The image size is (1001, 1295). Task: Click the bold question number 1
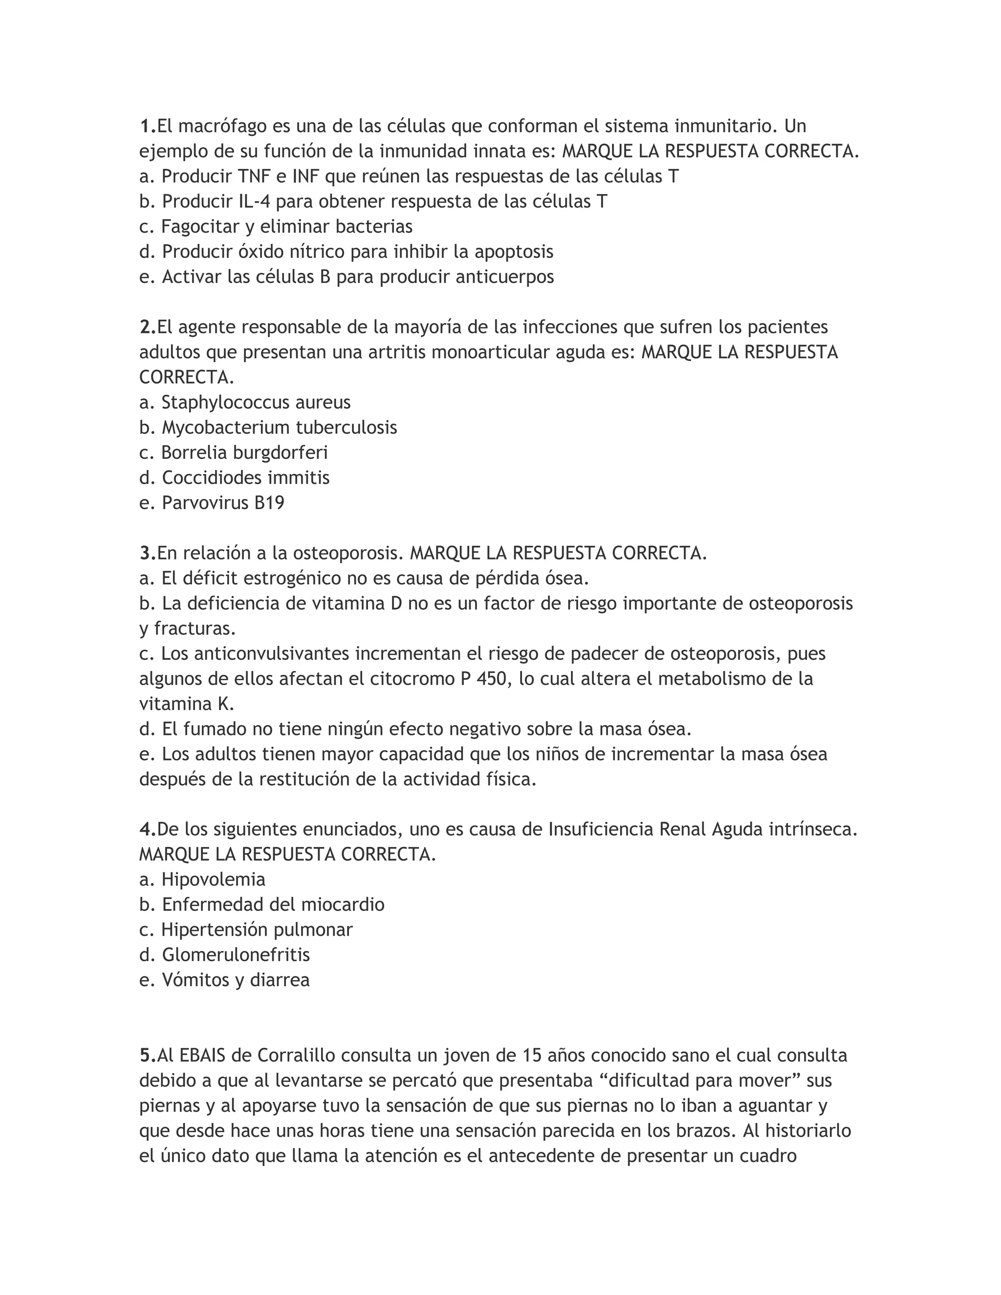[x=147, y=126]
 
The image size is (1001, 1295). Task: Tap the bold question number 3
[x=147, y=553]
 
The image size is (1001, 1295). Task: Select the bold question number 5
[x=147, y=1056]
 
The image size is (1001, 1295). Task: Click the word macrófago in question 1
[x=221, y=126]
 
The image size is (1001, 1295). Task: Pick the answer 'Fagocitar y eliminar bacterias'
[x=287, y=227]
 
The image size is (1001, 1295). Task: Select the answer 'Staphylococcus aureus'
[x=256, y=403]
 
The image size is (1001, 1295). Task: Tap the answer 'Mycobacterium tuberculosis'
[x=279, y=428]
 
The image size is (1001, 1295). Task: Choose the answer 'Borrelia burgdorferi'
[x=244, y=453]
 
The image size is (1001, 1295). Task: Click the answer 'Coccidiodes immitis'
[x=245, y=478]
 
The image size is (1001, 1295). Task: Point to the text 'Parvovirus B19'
[x=223, y=503]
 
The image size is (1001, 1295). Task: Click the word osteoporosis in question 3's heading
[x=343, y=553]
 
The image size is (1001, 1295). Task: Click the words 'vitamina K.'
[x=187, y=704]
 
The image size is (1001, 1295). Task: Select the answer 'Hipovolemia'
[x=214, y=879]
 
